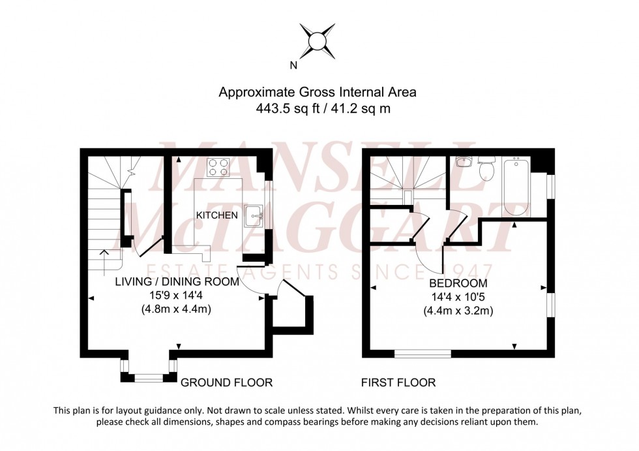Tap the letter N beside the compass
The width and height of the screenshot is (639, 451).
[293, 65]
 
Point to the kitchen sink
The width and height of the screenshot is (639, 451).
[254, 213]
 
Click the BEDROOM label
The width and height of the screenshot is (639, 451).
[458, 283]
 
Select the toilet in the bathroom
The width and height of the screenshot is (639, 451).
[485, 169]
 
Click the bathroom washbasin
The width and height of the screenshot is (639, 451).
[464, 162]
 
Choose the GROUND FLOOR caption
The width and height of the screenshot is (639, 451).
[226, 382]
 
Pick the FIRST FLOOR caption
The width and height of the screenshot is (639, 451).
[398, 382]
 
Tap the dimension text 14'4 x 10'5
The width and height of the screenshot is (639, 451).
[458, 297]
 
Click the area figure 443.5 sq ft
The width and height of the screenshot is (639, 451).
[286, 109]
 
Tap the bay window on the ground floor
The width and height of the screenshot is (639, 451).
[148, 376]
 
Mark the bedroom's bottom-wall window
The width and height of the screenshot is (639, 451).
[423, 354]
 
